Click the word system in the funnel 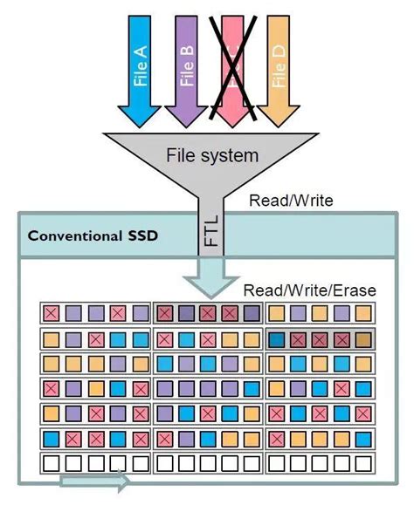(x=230, y=156)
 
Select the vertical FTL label (x=209, y=233)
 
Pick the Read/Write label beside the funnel (x=291, y=201)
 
